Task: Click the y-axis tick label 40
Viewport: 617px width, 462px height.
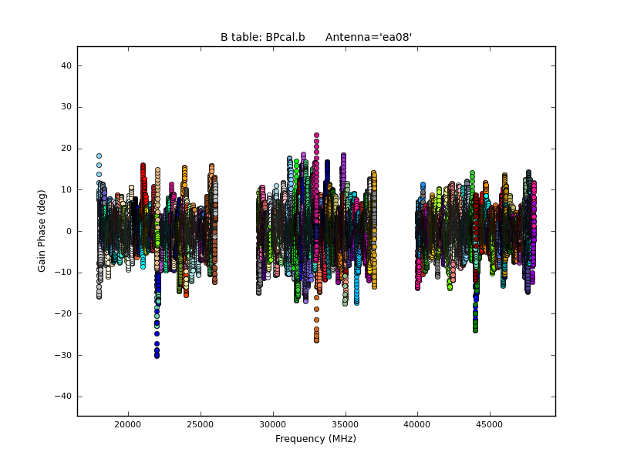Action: (67, 66)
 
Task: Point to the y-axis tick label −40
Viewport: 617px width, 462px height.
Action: (65, 396)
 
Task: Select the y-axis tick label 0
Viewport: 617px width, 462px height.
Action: (69, 231)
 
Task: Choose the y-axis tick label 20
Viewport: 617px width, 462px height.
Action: (67, 149)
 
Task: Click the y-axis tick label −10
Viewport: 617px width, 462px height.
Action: (65, 273)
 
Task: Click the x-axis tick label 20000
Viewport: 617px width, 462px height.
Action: (127, 424)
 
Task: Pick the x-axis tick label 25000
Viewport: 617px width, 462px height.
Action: (200, 424)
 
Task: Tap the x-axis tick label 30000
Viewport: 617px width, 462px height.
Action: (272, 424)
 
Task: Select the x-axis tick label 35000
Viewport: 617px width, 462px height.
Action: (345, 424)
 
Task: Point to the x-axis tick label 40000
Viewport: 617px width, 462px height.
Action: (417, 424)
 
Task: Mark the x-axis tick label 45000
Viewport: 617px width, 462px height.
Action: (490, 424)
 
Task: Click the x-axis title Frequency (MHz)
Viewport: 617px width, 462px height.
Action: (315, 439)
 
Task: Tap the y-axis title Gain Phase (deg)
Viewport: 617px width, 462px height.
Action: (42, 231)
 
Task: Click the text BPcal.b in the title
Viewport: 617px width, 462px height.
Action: (284, 37)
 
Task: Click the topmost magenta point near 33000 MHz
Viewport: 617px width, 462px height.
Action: (316, 136)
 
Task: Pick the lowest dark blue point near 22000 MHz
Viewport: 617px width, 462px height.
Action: (157, 355)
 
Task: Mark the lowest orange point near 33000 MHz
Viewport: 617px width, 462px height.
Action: (316, 340)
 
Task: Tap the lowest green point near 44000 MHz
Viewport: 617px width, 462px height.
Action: (475, 330)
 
